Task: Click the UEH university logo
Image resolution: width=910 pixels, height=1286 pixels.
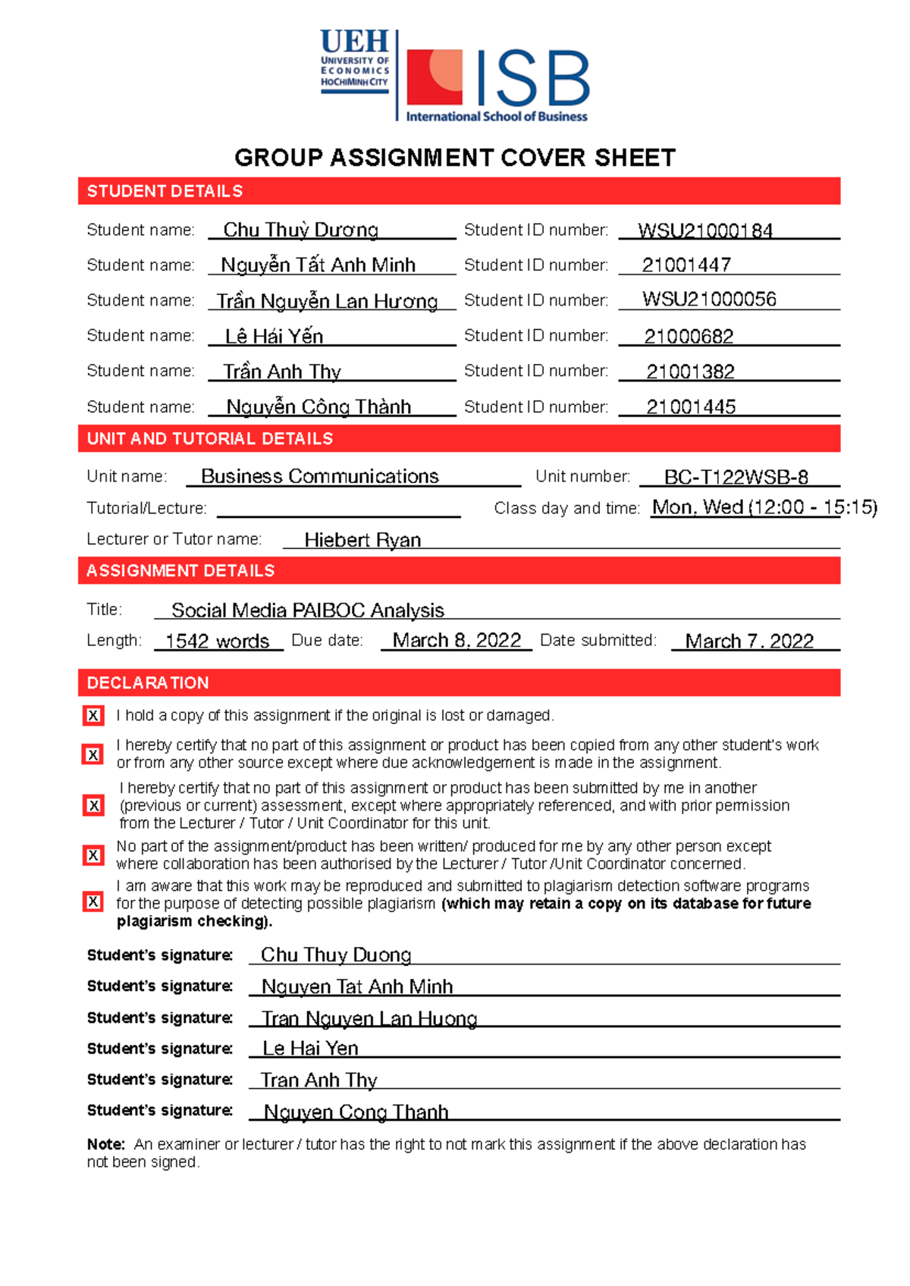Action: point(354,62)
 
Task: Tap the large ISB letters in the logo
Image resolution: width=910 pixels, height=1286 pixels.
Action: point(532,79)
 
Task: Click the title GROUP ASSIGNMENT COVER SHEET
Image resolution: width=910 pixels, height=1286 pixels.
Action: point(454,158)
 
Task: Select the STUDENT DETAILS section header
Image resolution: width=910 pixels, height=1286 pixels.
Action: point(165,191)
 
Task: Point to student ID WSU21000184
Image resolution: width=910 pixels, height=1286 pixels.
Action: point(704,231)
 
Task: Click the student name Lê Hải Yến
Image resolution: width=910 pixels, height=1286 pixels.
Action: point(274,336)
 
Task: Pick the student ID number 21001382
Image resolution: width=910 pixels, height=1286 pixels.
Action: point(690,372)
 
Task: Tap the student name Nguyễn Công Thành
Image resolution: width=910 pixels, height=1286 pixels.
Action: point(318,407)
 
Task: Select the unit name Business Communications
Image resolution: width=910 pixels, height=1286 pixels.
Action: point(319,476)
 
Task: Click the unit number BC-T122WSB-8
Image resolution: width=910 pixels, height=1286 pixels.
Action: point(736,477)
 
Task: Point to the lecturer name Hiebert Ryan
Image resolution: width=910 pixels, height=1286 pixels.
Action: point(362,540)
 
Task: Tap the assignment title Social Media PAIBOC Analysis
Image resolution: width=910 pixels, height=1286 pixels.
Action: point(307,610)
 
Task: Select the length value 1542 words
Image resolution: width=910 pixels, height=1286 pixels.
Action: point(217,641)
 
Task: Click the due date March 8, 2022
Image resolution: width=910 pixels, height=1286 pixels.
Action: point(457,641)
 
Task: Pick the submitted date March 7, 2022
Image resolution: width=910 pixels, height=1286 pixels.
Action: point(749,641)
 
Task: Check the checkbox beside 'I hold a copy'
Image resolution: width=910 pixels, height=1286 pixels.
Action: point(93,715)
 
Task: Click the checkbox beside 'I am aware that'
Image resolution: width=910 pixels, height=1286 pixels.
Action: point(93,902)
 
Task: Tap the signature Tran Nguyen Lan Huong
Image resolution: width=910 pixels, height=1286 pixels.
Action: point(369,1018)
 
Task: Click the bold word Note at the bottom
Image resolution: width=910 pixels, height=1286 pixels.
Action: point(105,1144)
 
